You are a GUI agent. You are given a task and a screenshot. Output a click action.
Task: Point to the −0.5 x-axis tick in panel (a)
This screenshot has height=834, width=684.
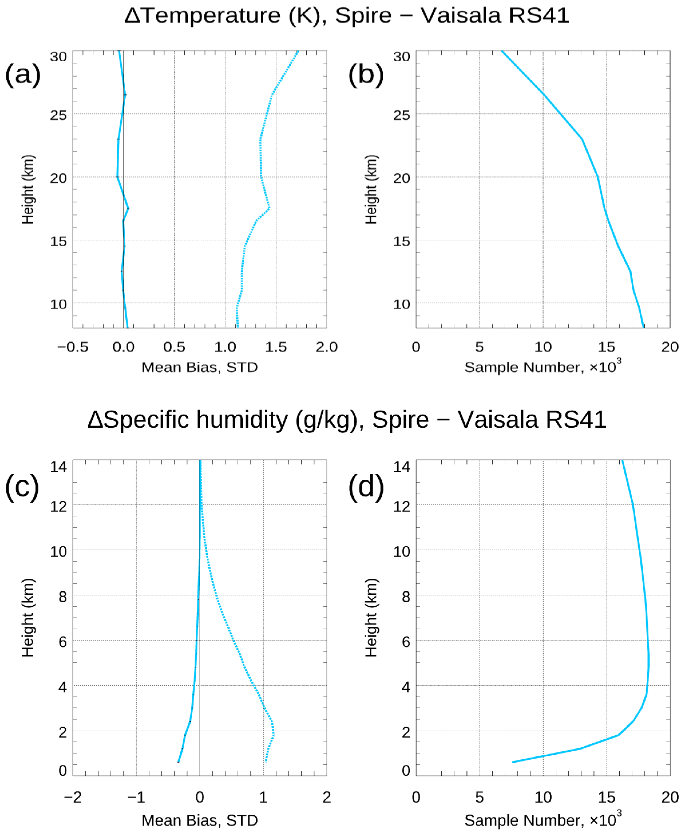(x=73, y=347)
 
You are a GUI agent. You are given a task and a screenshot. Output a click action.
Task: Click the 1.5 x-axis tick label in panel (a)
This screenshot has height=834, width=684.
(x=276, y=347)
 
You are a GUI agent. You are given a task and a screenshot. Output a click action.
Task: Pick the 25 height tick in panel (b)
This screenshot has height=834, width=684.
(x=401, y=115)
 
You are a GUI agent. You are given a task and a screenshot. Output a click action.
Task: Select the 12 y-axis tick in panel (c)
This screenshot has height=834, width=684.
(x=58, y=507)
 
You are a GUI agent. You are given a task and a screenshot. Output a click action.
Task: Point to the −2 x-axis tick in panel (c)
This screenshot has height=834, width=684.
(x=73, y=797)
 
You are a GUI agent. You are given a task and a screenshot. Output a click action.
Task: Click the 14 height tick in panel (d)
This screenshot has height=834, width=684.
(x=401, y=467)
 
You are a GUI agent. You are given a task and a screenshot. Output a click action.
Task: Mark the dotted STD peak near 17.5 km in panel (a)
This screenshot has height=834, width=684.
(x=269, y=208)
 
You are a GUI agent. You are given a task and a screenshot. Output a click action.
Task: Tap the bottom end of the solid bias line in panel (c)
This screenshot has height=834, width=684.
(x=178, y=762)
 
